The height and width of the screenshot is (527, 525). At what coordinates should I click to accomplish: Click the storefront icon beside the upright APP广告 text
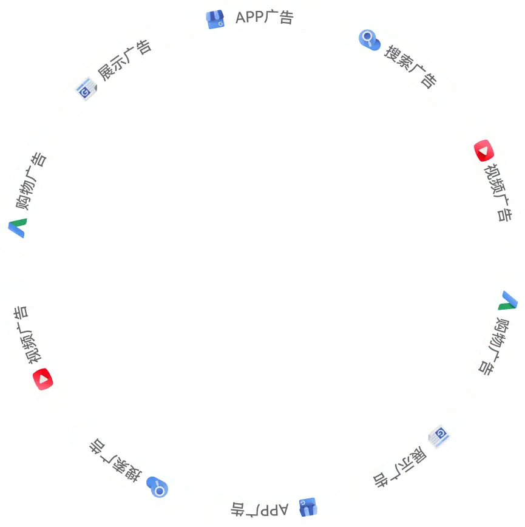(215, 19)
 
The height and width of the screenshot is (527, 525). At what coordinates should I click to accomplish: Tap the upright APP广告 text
(265, 18)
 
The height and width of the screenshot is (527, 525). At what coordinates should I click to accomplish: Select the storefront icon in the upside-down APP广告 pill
(308, 507)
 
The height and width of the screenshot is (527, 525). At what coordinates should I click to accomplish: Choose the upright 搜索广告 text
(410, 66)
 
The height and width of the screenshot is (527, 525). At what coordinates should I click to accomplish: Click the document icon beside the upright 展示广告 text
(86, 90)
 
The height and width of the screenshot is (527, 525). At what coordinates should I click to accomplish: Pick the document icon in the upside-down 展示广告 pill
(438, 435)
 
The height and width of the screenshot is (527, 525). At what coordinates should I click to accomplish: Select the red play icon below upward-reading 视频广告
(42, 378)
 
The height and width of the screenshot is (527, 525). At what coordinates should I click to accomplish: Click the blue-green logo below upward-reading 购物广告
(18, 228)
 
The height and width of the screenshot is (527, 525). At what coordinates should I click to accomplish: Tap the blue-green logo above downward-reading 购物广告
(508, 300)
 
